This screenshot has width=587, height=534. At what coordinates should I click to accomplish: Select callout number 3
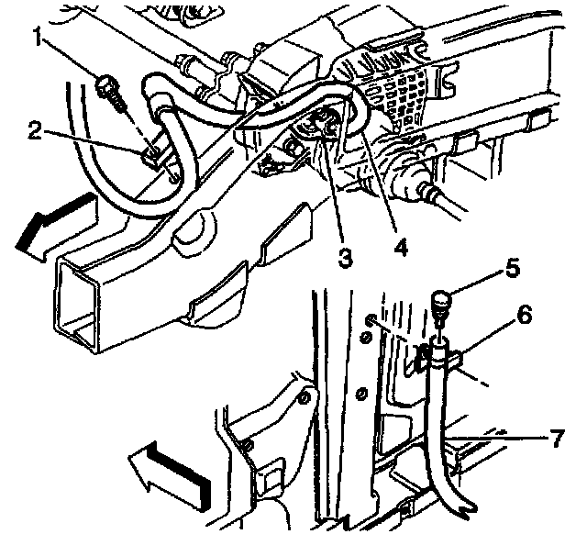(x=343, y=258)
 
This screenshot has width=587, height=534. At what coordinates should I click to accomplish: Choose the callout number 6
(x=524, y=315)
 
